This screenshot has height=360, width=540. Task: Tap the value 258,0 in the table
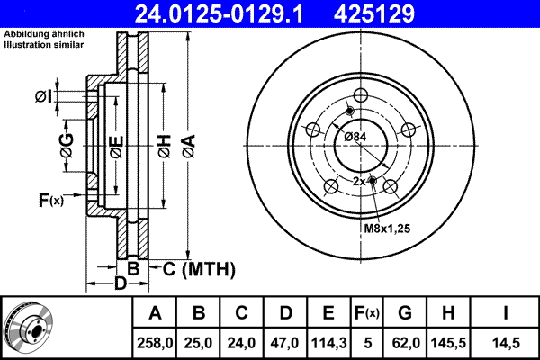[155, 343]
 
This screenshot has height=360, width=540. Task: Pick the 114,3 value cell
[328, 343]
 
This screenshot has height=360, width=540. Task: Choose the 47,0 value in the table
[285, 343]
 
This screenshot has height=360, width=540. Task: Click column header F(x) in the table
[366, 314]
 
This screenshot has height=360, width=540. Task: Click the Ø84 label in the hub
[357, 136]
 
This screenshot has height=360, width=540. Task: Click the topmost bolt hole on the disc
[361, 96]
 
